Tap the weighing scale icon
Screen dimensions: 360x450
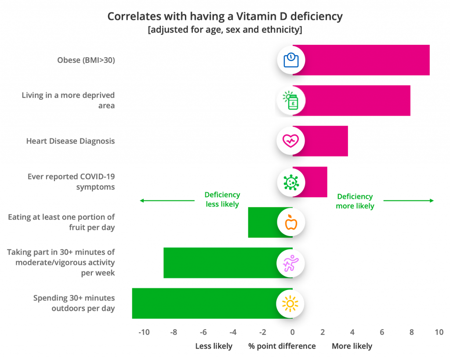point(291,60)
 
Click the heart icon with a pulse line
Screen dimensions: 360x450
point(291,141)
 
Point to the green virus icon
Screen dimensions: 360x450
point(291,182)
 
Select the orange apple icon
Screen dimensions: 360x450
point(291,222)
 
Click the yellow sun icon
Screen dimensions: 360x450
point(291,304)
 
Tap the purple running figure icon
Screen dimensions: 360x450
point(291,263)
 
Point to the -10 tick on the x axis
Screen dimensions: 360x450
point(144,332)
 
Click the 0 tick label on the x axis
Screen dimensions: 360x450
point(292,332)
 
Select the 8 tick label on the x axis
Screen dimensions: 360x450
point(411,332)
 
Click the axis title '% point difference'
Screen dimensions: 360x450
point(282,346)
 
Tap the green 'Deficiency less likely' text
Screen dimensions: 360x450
point(222,200)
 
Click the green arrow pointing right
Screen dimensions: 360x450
point(409,200)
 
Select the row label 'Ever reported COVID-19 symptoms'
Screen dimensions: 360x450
point(71,182)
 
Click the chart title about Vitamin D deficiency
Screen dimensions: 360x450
point(225,17)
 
